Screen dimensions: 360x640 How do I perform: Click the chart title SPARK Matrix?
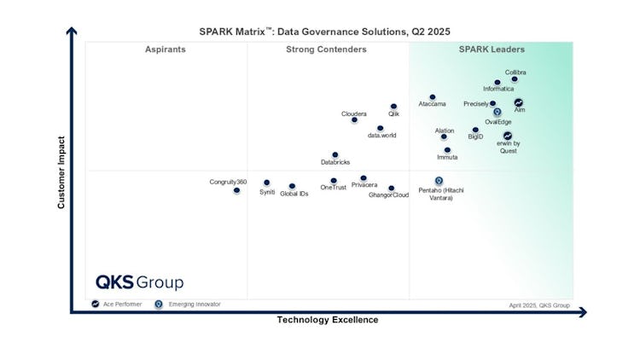coord(324,32)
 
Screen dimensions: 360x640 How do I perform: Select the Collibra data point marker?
coord(515,79)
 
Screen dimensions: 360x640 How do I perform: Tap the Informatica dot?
coord(497,83)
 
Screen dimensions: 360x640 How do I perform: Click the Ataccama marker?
coord(433,97)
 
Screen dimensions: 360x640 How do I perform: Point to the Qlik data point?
coord(393,107)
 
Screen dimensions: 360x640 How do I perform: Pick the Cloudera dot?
coord(354,119)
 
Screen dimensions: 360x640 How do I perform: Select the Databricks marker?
coord(335,155)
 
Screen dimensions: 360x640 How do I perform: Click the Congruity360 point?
coord(236,190)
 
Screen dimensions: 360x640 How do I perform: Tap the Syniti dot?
coord(266,183)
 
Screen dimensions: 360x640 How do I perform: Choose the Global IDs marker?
coord(292,186)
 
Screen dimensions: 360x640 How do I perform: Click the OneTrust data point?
coord(334,181)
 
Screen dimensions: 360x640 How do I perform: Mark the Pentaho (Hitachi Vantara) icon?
coord(439,181)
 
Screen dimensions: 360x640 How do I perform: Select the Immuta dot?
coord(447,150)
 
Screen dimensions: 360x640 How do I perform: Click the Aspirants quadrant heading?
coord(166,49)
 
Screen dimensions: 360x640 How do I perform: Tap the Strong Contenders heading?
coord(326,49)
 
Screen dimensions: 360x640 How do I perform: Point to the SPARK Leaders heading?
coord(492,49)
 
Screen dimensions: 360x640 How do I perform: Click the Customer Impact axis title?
coord(61,172)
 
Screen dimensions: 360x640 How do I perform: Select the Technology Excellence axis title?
coord(327,320)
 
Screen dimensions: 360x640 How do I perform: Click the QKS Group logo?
coord(139,282)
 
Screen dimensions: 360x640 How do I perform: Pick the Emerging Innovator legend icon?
coord(158,304)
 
